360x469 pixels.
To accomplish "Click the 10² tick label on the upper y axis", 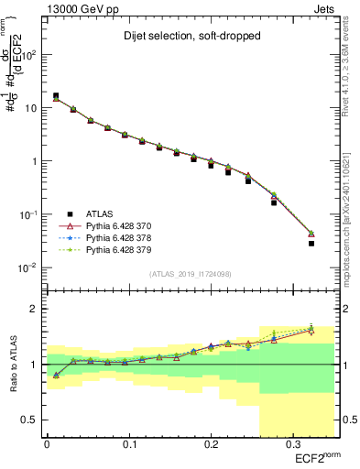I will pos(32,55).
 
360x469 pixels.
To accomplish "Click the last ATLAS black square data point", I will pos(311,244).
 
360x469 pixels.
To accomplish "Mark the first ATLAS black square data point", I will pos(56,95).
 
